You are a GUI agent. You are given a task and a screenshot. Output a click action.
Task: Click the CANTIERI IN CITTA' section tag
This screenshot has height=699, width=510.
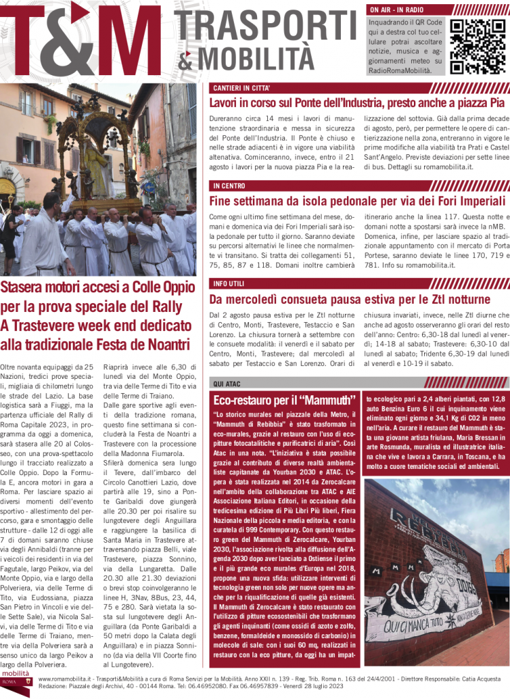pos(241,89)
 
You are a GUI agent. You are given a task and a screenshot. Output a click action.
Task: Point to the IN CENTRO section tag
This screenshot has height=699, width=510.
pos(228,186)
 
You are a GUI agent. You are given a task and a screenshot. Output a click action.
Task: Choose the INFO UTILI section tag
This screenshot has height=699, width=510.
pos(228,283)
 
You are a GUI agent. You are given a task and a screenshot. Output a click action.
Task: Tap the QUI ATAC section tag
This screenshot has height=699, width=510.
pos(227,384)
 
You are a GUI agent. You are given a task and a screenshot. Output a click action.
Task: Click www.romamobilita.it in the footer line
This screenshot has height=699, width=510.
pos(69,679)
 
